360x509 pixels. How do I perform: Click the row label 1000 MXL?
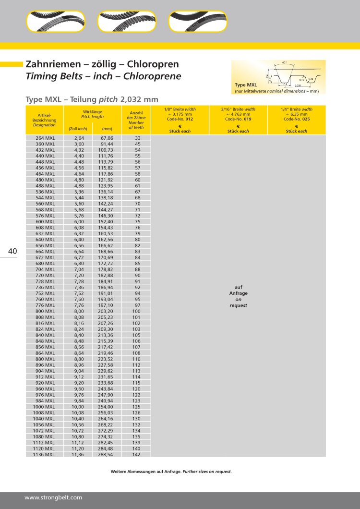tap(44, 406)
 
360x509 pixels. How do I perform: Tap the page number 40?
tap(12, 251)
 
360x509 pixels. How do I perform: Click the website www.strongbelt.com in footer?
tap(53, 497)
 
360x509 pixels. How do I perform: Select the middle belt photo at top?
tap(127, 22)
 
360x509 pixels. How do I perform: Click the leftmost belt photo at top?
tap(56, 22)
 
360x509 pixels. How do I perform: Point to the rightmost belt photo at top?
tap(198, 22)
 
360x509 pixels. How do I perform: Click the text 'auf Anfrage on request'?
tap(238, 296)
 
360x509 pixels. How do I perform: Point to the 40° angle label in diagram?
tap(284, 63)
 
